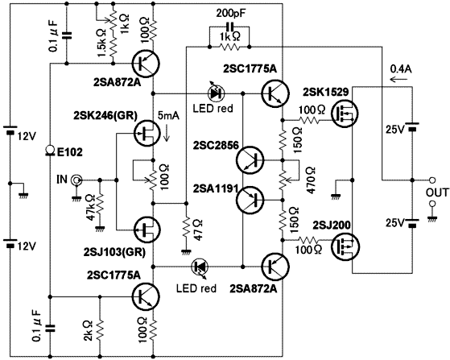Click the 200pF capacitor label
[x=231, y=13]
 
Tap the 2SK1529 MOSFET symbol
[x=345, y=114]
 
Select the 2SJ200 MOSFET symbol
[x=344, y=247]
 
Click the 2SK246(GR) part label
[x=105, y=115]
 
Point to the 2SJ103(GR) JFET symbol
[x=147, y=230]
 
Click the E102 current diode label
[x=70, y=152]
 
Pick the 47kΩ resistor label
[x=91, y=207]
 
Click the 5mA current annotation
[x=168, y=116]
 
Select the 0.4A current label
[x=401, y=69]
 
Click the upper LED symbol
[x=216, y=93]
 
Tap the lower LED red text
[x=196, y=288]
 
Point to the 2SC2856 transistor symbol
[x=250, y=159]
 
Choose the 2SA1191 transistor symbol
[x=250, y=200]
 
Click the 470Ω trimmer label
[x=311, y=180]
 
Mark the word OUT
[x=437, y=192]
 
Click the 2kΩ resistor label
[x=88, y=331]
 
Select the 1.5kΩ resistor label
[x=102, y=43]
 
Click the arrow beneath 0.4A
[x=398, y=79]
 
